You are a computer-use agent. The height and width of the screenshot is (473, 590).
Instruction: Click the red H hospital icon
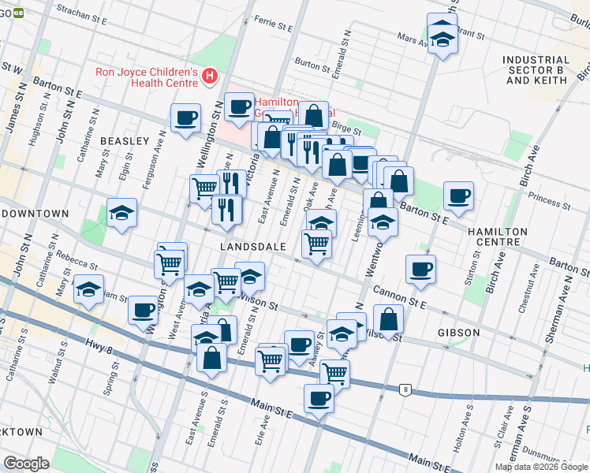210,76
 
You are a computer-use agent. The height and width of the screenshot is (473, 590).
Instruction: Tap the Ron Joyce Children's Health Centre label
147,76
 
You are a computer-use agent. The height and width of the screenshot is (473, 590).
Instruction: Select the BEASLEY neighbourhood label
125,140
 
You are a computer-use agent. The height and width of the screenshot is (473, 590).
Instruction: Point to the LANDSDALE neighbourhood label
252,246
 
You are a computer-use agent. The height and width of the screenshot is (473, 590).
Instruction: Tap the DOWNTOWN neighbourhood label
36,214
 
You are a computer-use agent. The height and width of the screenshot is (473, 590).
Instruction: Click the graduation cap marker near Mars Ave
442,37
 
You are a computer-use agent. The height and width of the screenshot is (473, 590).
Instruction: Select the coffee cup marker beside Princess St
458,196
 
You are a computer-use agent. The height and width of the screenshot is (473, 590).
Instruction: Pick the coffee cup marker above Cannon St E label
420,270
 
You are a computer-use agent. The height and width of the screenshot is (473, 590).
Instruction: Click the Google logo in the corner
27,463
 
